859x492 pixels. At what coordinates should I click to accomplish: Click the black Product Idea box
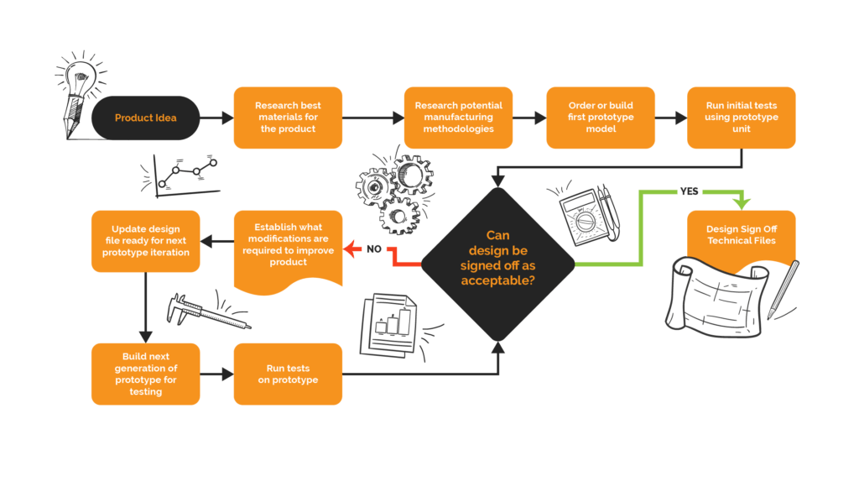pyautogui.click(x=146, y=118)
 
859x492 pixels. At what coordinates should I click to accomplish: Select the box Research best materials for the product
pyautogui.click(x=288, y=118)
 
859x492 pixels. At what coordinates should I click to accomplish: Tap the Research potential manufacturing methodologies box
pyautogui.click(x=458, y=118)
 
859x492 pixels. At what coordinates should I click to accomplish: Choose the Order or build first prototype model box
pyautogui.click(x=600, y=118)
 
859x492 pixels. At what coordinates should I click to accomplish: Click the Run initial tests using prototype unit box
pyautogui.click(x=742, y=118)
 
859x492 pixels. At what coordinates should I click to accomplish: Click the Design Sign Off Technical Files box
pyautogui.click(x=742, y=235)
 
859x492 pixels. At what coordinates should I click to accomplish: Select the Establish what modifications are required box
pyautogui.click(x=288, y=244)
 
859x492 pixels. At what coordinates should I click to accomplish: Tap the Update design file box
pyautogui.click(x=145, y=241)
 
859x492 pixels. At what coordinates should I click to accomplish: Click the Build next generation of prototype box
pyautogui.click(x=145, y=374)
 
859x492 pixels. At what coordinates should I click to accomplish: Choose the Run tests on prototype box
pyautogui.click(x=288, y=374)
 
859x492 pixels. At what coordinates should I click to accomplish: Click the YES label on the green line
pyautogui.click(x=689, y=191)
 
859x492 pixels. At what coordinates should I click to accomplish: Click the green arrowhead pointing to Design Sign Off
pyautogui.click(x=742, y=204)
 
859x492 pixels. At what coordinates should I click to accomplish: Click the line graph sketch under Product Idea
pyautogui.click(x=180, y=174)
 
